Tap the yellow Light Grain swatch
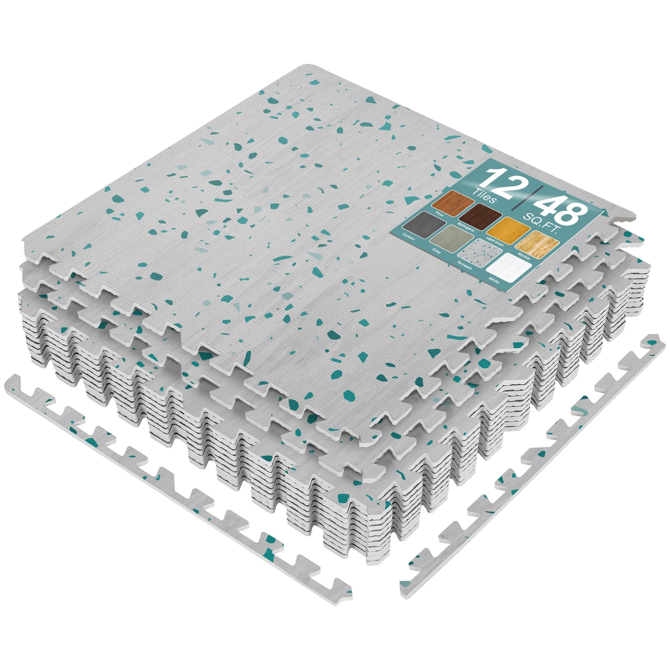coord(509,230)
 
